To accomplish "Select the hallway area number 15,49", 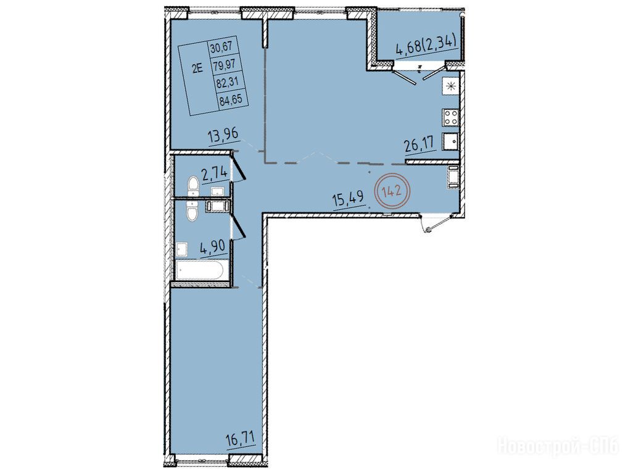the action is (349, 199).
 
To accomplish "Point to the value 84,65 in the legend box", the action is (231, 99).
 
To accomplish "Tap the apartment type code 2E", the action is (198, 69).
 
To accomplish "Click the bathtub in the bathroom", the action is (199, 270).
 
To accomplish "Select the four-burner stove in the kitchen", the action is (450, 117).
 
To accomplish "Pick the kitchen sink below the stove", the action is (450, 141).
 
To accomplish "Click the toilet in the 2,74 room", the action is (192, 188).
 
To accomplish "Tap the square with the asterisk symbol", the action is (450, 86).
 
